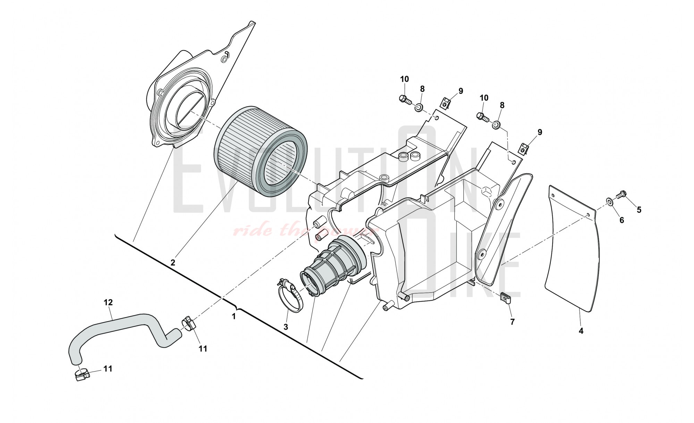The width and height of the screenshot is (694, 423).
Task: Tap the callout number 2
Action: [x=173, y=262]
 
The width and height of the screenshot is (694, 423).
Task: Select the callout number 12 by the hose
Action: [x=108, y=302]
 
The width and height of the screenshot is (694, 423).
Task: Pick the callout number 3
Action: [x=286, y=327]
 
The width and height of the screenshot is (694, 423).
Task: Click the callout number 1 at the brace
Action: [x=234, y=316]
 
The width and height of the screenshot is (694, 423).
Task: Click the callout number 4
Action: [x=581, y=331]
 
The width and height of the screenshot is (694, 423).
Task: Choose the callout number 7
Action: [x=512, y=322]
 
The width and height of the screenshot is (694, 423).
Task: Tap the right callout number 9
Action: [x=540, y=132]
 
